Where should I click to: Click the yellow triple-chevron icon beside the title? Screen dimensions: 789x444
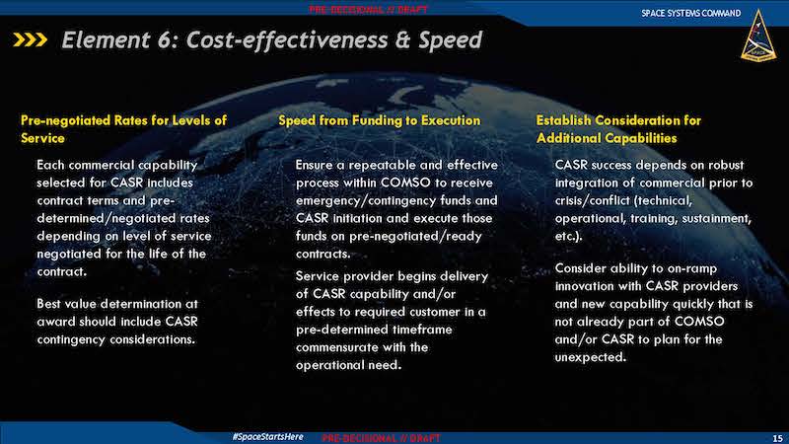click(31, 39)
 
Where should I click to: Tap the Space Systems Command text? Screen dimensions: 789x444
click(691, 13)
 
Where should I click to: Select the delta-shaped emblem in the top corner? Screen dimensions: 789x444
click(758, 36)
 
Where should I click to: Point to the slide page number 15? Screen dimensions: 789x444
click(777, 438)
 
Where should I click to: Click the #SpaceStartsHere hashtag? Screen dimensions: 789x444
click(267, 436)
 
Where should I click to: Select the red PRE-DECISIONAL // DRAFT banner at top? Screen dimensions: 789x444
click(368, 10)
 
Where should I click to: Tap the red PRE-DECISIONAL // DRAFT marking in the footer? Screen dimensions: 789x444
click(381, 438)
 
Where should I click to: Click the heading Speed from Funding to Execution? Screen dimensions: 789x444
click(380, 120)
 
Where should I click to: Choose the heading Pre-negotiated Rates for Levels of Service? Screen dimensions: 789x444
click(124, 129)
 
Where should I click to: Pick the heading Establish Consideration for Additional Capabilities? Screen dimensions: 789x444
click(618, 129)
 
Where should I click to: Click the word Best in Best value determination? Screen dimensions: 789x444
click(48, 304)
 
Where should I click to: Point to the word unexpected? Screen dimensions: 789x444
click(591, 357)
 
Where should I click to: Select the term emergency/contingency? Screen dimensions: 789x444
click(366, 201)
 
